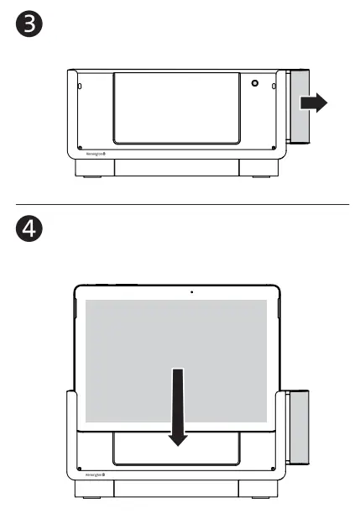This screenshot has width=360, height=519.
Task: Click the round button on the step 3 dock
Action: [x=254, y=85]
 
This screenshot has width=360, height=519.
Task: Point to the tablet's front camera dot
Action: [x=191, y=292]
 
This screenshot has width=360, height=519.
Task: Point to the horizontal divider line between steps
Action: [x=180, y=204]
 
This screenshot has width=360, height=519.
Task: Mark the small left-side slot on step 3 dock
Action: [x=80, y=86]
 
